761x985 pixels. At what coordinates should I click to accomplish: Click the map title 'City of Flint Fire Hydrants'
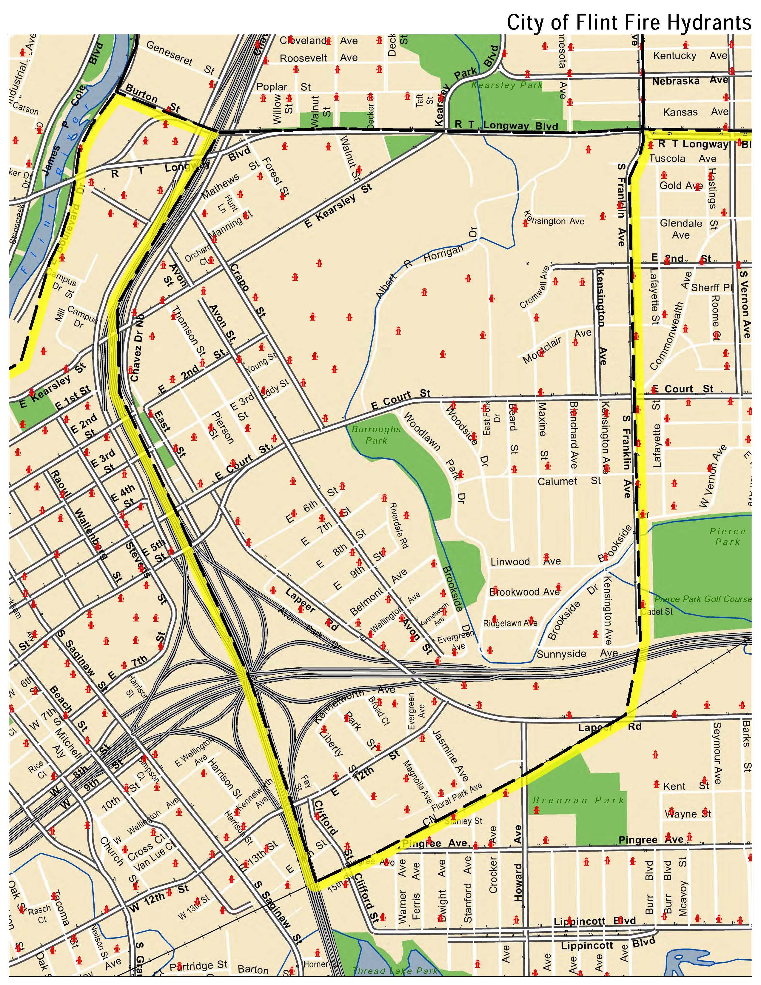tap(629, 22)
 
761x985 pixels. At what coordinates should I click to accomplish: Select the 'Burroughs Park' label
tap(376, 434)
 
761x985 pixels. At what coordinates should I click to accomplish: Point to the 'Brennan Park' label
tap(578, 800)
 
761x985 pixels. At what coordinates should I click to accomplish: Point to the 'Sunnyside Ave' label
tap(577, 653)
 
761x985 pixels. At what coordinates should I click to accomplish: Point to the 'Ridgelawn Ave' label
tap(510, 623)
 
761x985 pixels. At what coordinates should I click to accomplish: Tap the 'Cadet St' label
tap(657, 612)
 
